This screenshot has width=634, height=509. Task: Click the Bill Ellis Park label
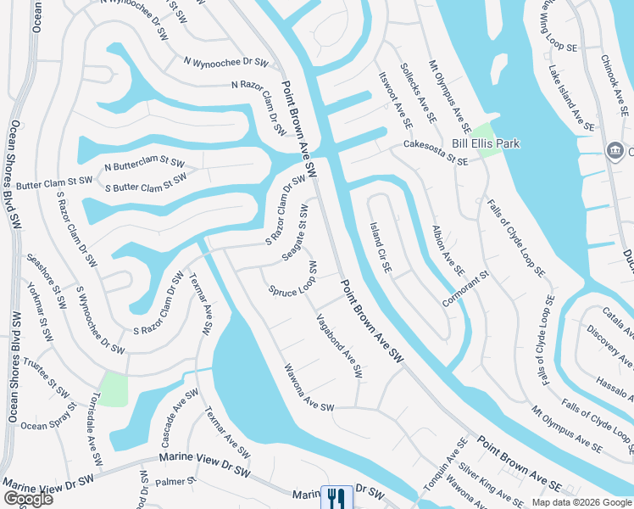click(485, 144)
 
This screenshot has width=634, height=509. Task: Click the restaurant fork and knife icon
click(336, 498)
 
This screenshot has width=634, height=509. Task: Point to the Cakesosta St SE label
click(435, 153)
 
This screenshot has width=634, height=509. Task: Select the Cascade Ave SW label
click(180, 417)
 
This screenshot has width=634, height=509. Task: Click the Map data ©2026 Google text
click(581, 502)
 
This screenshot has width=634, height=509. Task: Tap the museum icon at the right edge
click(614, 150)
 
